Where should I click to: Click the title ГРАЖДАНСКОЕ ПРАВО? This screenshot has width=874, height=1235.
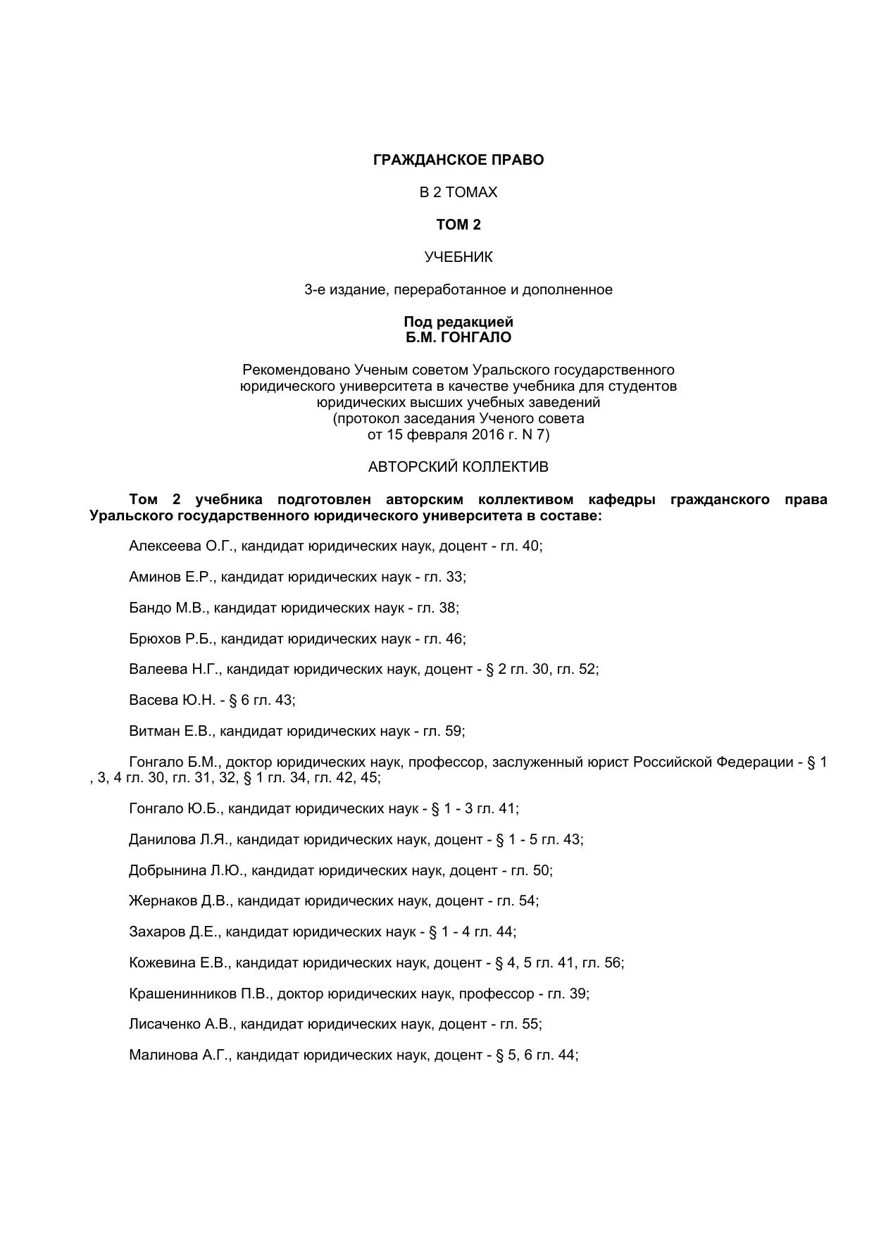pyautogui.click(x=458, y=160)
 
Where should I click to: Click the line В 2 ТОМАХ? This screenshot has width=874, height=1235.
pyautogui.click(x=458, y=192)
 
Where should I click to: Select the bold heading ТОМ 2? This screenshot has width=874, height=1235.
pyautogui.click(x=458, y=225)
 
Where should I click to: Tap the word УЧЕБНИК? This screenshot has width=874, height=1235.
pyautogui.click(x=458, y=257)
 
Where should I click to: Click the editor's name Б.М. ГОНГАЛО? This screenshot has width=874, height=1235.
pyautogui.click(x=458, y=337)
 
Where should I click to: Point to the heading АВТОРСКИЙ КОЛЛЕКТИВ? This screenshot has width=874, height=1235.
pyautogui.click(x=458, y=467)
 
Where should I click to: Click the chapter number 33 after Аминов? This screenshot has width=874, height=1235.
pyautogui.click(x=454, y=577)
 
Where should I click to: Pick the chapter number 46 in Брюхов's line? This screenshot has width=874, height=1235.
pyautogui.click(x=454, y=639)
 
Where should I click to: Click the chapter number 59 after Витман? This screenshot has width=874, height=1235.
pyautogui.click(x=453, y=731)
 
